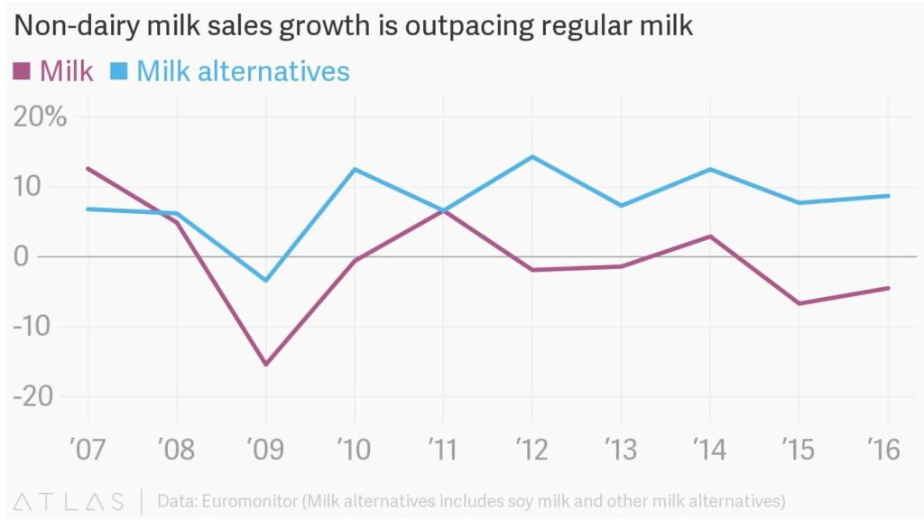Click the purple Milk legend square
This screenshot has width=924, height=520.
[x=22, y=70]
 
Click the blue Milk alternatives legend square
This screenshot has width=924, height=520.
[x=117, y=70]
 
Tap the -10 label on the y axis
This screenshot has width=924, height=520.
[x=33, y=326]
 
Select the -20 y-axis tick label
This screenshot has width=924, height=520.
[x=33, y=395]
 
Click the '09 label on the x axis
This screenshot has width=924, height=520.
[x=265, y=449]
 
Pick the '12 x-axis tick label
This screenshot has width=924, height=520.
[x=531, y=449]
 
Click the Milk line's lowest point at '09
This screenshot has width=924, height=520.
[x=265, y=365]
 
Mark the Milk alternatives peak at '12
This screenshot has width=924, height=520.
[x=531, y=157]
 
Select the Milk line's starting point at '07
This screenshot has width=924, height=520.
[x=88, y=168]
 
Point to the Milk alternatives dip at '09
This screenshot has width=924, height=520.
[x=265, y=280]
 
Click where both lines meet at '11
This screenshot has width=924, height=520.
[x=443, y=210]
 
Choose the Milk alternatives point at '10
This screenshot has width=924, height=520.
[x=355, y=170]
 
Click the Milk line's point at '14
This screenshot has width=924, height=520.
[x=710, y=237]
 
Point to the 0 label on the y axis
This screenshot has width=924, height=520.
[x=22, y=256]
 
